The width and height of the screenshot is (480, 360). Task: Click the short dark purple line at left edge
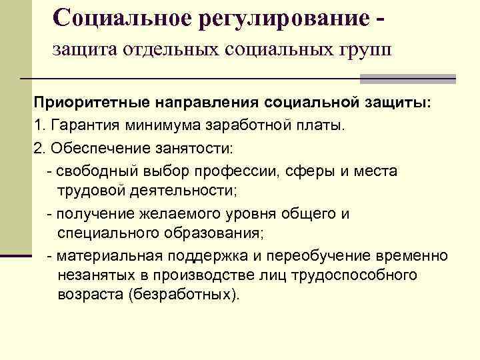click(x=17, y=255)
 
